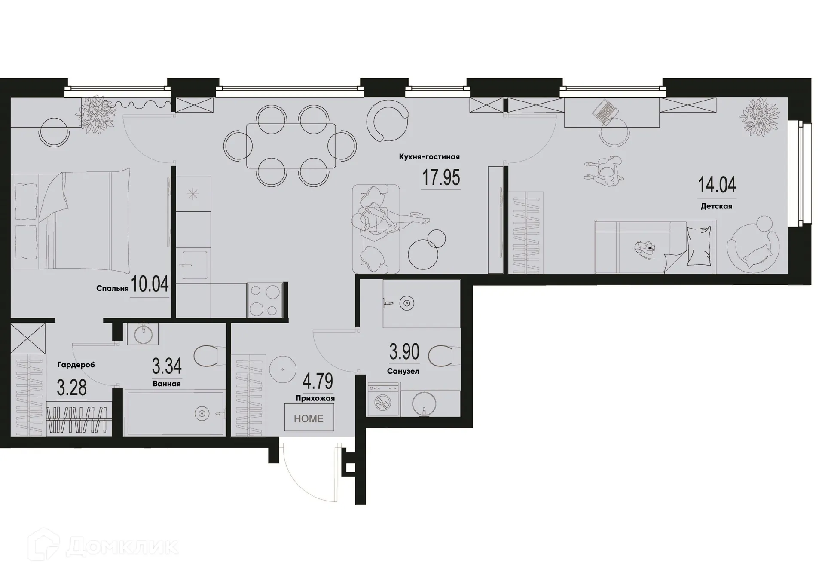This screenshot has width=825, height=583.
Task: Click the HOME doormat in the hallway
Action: pyautogui.click(x=309, y=418)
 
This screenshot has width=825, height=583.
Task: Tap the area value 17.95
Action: pyautogui.click(x=441, y=177)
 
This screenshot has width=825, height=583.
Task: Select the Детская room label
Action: pyautogui.click(x=716, y=206)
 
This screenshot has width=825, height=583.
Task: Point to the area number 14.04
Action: pyautogui.click(x=717, y=185)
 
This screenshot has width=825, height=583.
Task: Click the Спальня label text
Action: pyautogui.click(x=112, y=288)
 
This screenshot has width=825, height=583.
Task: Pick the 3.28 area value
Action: pyautogui.click(x=72, y=388)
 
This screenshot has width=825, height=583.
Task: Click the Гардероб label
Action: pyautogui.click(x=76, y=365)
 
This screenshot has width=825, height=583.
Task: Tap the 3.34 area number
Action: pyautogui.click(x=167, y=366)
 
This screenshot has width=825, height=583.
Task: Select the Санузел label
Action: pyautogui.click(x=403, y=371)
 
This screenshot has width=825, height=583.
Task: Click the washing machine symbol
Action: pyautogui.click(x=383, y=400)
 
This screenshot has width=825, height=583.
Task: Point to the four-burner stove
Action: pyautogui.click(x=264, y=300)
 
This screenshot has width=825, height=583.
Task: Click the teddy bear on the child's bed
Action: pyautogui.click(x=645, y=248)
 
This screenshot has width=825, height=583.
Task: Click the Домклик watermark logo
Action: pyautogui.click(x=103, y=546)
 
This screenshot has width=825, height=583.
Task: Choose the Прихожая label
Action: pyautogui.click(x=315, y=398)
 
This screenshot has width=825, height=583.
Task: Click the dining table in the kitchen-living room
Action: pyautogui.click(x=291, y=146)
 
